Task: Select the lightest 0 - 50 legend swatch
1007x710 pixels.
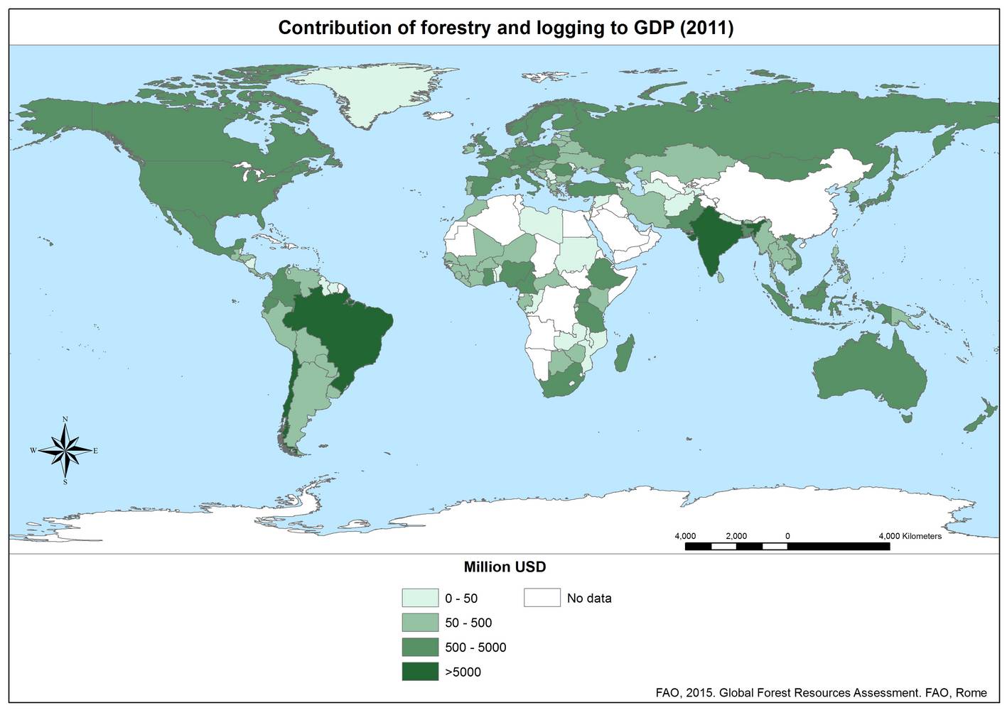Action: (419, 598)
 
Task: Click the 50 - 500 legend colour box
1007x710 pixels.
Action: (419, 623)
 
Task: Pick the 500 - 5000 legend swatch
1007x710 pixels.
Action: (419, 647)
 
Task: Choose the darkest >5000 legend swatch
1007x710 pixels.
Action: (419, 671)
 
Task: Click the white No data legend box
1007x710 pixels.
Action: (542, 598)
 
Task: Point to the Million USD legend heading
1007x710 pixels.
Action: (505, 567)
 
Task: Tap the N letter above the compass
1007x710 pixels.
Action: (65, 420)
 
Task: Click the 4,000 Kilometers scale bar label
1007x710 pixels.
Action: (910, 536)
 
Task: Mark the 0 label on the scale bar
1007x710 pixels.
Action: (787, 536)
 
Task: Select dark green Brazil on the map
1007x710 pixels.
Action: (341, 334)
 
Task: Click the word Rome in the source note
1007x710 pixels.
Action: (971, 692)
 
